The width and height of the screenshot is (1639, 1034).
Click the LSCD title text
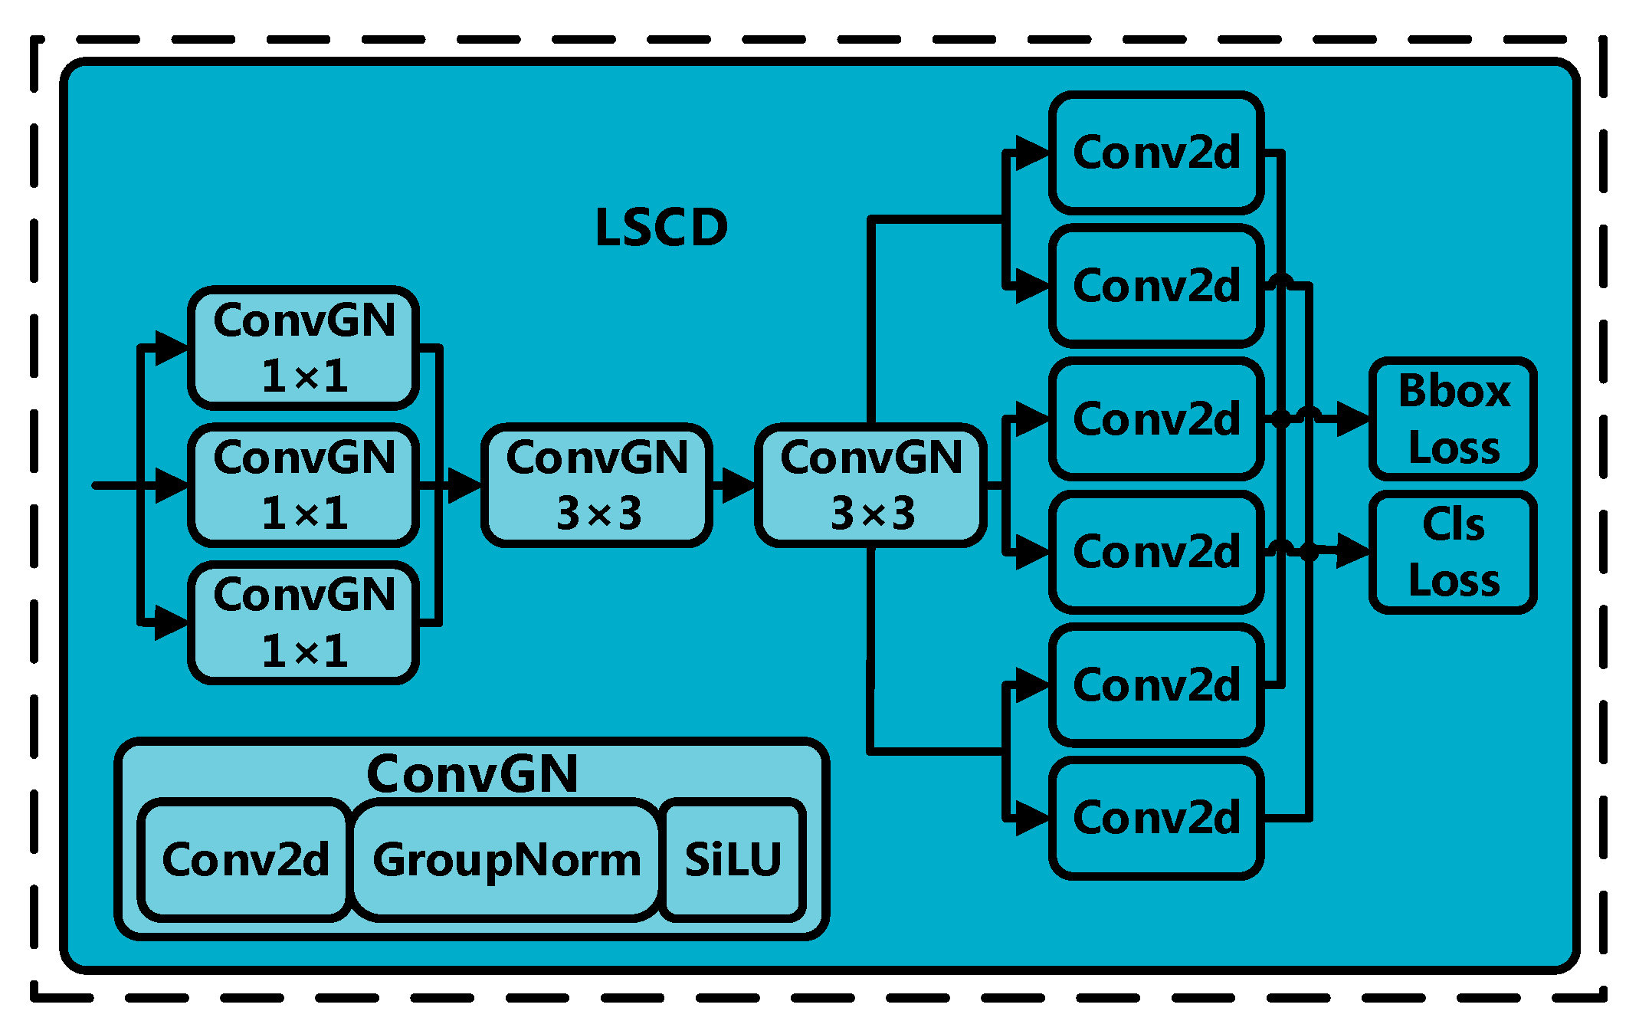[x=661, y=228]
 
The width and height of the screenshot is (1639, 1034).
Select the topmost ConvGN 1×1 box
[x=303, y=348]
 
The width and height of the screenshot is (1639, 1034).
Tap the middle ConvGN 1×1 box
[x=303, y=485]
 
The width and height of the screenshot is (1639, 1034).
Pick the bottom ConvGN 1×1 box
[x=303, y=622]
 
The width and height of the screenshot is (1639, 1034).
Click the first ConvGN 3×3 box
[x=597, y=485]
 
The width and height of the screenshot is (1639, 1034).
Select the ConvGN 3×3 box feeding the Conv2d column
[x=871, y=485]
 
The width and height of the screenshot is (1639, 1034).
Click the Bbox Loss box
[x=1453, y=419]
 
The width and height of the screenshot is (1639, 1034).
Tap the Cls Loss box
[x=1453, y=552]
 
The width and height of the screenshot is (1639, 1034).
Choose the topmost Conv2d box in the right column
[x=1156, y=153]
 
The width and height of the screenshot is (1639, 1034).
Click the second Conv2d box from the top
[x=1156, y=286]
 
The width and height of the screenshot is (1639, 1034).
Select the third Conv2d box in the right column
[x=1156, y=419]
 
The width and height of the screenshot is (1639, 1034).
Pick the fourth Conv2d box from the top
[x=1156, y=552]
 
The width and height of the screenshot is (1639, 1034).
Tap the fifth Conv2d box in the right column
[x=1156, y=685]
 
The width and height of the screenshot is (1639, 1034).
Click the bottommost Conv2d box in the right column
[x=1156, y=818]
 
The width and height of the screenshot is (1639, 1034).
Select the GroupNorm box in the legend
[x=506, y=859]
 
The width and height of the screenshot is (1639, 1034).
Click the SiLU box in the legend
[x=733, y=859]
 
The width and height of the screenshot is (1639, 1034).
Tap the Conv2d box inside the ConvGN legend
[x=245, y=859]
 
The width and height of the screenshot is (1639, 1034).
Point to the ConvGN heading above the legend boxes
[x=472, y=773]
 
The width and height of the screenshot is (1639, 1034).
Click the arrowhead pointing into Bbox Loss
[x=1353, y=419]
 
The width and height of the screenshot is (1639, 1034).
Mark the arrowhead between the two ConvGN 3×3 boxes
[x=738, y=485]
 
